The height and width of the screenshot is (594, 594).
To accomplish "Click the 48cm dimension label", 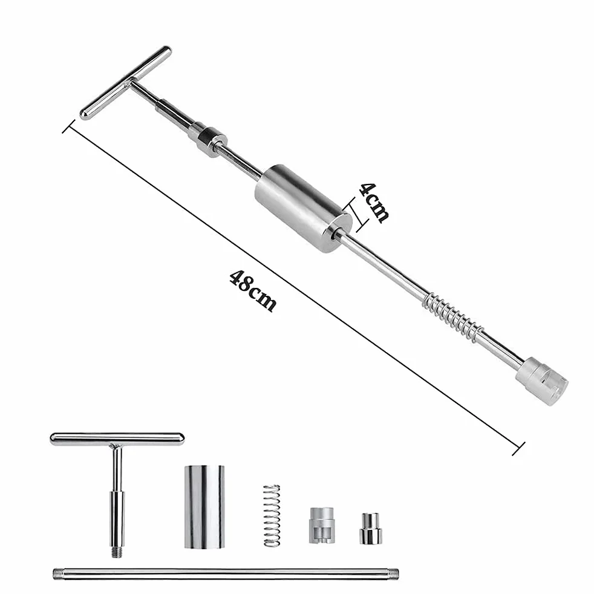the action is coord(253,290).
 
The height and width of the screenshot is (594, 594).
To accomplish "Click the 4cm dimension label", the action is coord(374,203).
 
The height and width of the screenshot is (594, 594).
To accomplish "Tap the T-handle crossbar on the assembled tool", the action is coord(125,83).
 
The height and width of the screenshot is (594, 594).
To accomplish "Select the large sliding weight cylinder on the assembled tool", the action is coord(303,210).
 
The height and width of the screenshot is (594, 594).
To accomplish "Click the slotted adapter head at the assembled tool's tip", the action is coord(542,380).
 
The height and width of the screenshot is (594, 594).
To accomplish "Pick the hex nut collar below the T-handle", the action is coord(207,138).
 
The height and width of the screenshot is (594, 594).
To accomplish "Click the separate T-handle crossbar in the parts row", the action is coord(117,439).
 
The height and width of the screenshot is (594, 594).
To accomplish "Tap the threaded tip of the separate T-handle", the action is coord(117,551).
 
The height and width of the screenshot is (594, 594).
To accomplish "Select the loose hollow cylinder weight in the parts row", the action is coord(204,506).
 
